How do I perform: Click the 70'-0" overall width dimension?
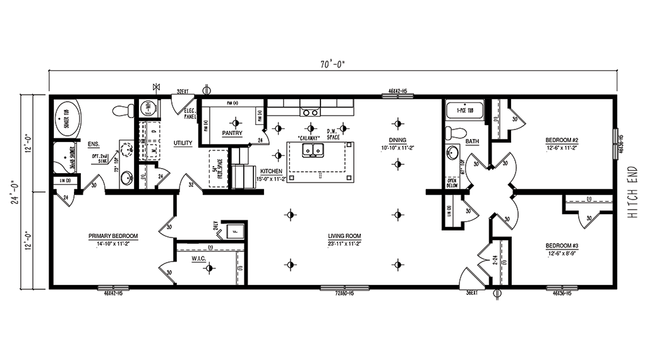(333, 64)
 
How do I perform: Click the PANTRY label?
(232, 133)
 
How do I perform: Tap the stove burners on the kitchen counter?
(310, 112)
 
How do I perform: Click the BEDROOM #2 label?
(562, 140)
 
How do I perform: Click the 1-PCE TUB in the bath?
(465, 111)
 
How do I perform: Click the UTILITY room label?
(183, 143)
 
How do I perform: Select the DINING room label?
(397, 140)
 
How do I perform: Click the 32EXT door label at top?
(183, 92)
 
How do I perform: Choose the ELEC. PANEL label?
(190, 113)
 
